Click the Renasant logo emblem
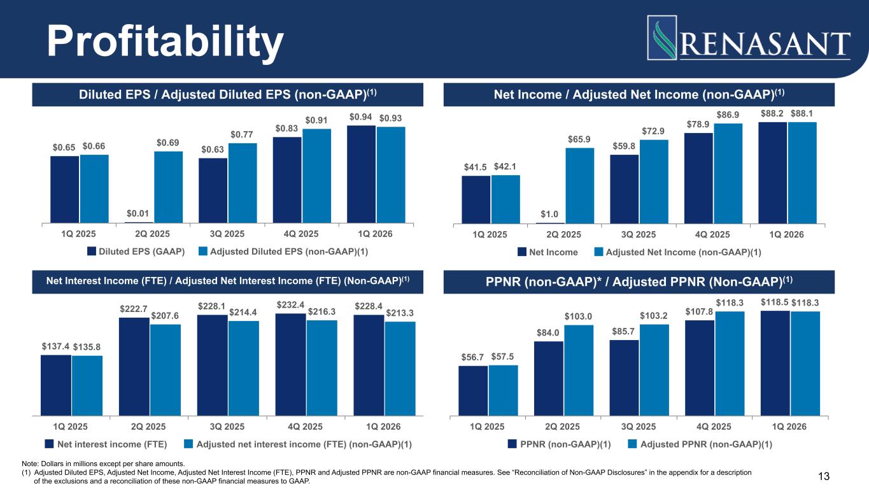tap(662, 38)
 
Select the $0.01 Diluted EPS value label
tap(138, 213)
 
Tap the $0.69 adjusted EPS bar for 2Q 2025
tap(168, 187)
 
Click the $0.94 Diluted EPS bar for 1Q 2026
tap(361, 174)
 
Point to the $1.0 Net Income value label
tap(549, 214)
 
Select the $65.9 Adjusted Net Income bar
tap(579, 186)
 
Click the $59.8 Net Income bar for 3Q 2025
tap(624, 189)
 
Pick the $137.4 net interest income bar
tap(56, 385)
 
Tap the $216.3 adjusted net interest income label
tap(321, 311)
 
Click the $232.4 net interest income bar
tap(290, 365)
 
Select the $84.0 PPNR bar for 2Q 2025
tap(549, 379)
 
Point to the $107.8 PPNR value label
tap(699, 311)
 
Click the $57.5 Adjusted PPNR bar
tap(503, 391)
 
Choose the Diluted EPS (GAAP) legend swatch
tap(92, 251)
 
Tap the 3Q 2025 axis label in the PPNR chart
tap(638, 427)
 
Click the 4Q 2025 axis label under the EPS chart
tap(301, 234)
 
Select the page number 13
tap(824, 476)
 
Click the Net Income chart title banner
tap(639, 95)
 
